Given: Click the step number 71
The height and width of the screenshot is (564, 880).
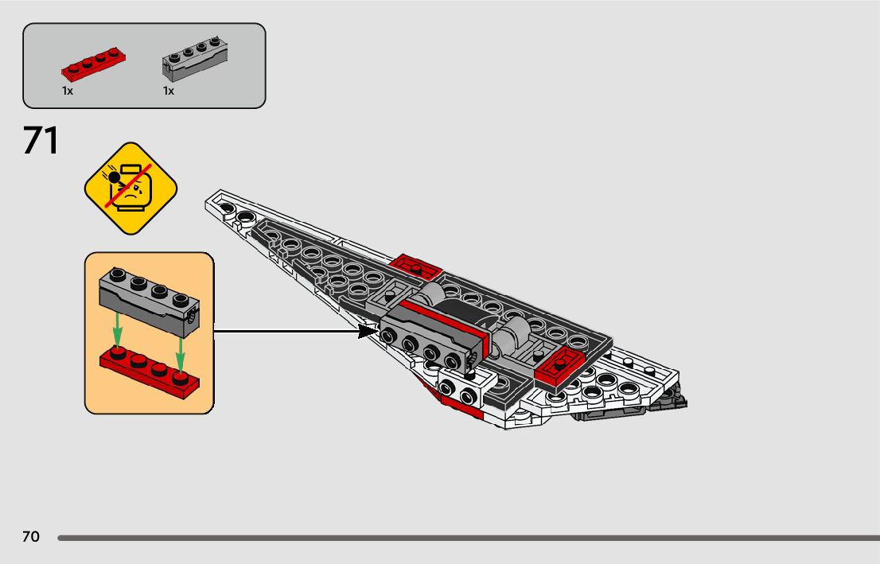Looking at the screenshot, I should [41, 141].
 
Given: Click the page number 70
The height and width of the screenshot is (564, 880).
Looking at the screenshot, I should [30, 538].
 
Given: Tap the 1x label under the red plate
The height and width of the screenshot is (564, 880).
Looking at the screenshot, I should [68, 91].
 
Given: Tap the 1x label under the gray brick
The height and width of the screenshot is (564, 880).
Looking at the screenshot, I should [169, 91].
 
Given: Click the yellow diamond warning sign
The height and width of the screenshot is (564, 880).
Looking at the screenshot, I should [130, 189].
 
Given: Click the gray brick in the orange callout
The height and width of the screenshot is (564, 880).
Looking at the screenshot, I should [148, 300].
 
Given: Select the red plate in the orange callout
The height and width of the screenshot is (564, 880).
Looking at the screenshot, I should [150, 370].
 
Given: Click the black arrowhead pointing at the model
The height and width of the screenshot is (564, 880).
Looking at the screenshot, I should [367, 331].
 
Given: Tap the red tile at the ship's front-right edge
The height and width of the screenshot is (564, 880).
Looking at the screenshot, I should [560, 365].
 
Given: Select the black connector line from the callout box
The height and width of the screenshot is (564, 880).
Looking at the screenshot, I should [286, 331].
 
